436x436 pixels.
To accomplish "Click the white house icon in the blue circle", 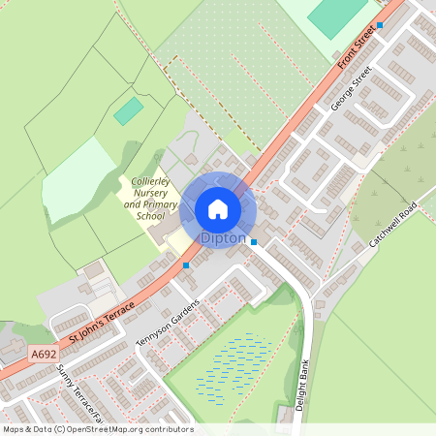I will point(218,208).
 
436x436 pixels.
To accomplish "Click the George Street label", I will point(350,89).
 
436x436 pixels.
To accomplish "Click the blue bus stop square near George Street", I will point(380,25).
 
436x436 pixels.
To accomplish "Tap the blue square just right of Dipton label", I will point(254,242).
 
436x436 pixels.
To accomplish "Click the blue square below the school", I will point(186,265).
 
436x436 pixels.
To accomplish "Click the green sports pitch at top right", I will point(336,15).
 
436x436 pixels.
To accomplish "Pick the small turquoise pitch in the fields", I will point(128,111).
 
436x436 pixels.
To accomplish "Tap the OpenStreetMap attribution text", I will point(97,429).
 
